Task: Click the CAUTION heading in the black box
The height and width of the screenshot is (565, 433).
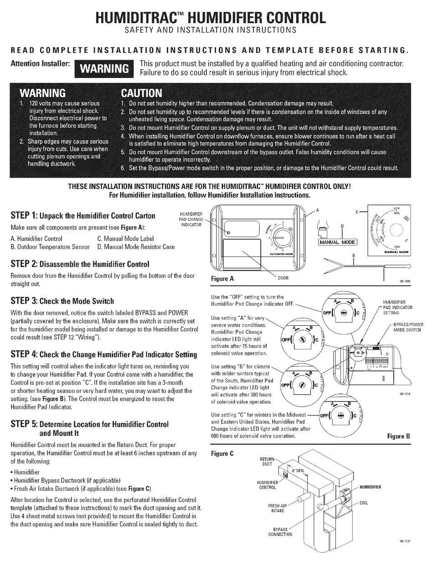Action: (141, 93)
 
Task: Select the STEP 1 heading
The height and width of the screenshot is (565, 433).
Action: (82, 215)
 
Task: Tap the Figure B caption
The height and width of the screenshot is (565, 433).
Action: (398, 435)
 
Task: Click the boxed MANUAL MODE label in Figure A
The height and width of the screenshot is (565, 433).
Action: (338, 242)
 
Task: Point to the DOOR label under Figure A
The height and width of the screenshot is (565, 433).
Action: (283, 277)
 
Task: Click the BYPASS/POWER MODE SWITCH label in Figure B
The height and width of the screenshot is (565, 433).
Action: (408, 327)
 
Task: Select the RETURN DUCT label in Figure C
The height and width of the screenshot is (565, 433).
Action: (266, 462)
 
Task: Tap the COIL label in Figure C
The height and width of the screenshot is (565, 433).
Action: (363, 503)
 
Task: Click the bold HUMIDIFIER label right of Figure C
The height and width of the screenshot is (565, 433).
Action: (370, 487)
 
